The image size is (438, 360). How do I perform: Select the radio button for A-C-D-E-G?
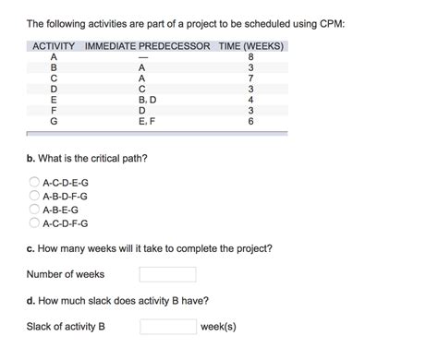(x=34, y=183)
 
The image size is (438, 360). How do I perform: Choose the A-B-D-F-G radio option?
(x=34, y=196)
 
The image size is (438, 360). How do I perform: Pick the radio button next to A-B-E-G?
(x=34, y=210)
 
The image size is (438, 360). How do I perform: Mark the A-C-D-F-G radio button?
(x=34, y=222)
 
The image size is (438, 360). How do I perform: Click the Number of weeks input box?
(x=167, y=274)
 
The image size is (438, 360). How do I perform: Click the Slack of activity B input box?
(x=168, y=327)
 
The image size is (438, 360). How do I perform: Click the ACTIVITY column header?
(x=54, y=46)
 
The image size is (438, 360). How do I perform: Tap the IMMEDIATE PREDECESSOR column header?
(x=148, y=46)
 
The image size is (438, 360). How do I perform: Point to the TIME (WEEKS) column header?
(x=251, y=46)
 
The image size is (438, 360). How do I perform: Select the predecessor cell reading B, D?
(x=147, y=100)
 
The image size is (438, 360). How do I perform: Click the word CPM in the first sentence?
(x=331, y=23)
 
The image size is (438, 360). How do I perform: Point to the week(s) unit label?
(x=219, y=327)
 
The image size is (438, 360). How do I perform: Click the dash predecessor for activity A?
(x=142, y=56)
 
